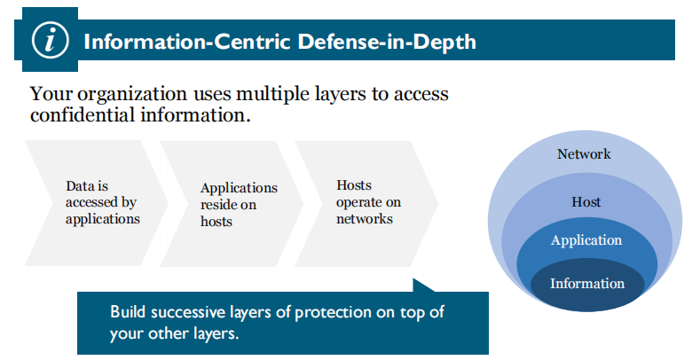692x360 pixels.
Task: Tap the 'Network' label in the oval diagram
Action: point(584,154)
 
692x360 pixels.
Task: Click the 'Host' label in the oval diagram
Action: point(586,202)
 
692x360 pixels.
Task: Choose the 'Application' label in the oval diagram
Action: point(586,240)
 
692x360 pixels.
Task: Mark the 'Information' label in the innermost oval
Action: point(587,284)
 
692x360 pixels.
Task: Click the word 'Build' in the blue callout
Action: point(129,312)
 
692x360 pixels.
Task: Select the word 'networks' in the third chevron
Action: point(364,218)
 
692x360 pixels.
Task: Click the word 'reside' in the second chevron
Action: point(220,204)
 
